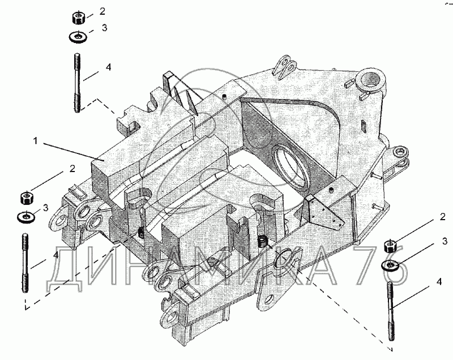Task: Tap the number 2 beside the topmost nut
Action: click(102, 11)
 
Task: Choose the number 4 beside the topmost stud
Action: click(108, 67)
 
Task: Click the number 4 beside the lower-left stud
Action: click(55, 255)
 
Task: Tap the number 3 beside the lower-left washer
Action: click(45, 208)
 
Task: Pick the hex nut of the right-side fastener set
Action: click(390, 246)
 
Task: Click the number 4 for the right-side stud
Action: click(439, 281)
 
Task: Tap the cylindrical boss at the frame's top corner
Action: click(371, 79)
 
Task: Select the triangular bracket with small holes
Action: click(324, 209)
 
